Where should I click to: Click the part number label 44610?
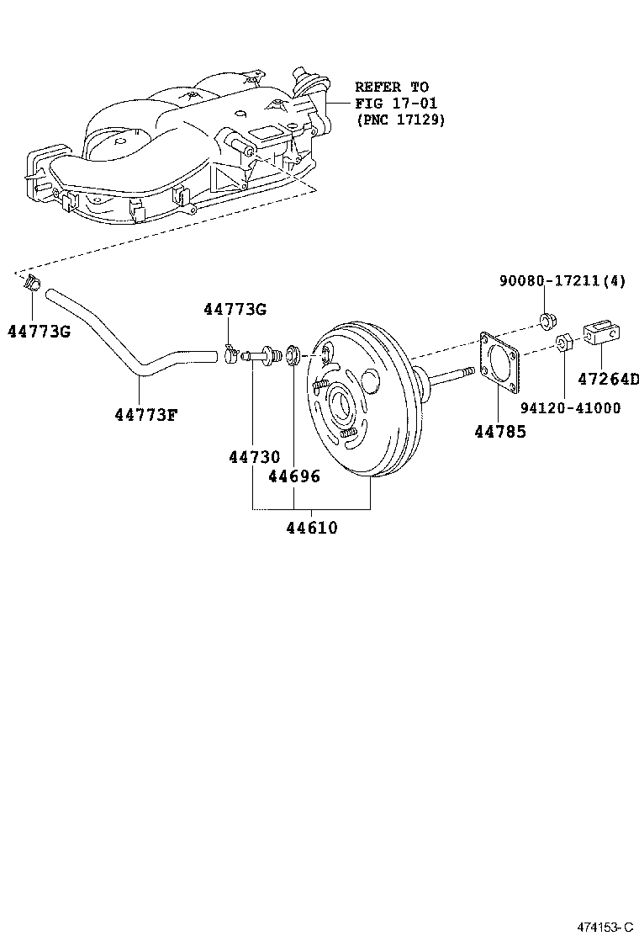pyautogui.click(x=311, y=529)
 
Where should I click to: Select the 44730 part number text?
pyautogui.click(x=253, y=457)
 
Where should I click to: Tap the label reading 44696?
pyautogui.click(x=293, y=476)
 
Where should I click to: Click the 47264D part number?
pyautogui.click(x=607, y=379)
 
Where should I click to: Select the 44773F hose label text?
pyautogui.click(x=146, y=413)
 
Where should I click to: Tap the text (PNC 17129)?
pyautogui.click(x=400, y=120)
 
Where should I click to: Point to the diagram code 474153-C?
pyautogui.click(x=604, y=927)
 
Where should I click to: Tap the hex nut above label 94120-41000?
pyautogui.click(x=563, y=343)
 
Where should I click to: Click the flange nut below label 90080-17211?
pyautogui.click(x=545, y=320)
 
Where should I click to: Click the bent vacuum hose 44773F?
pyautogui.click(x=126, y=337)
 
